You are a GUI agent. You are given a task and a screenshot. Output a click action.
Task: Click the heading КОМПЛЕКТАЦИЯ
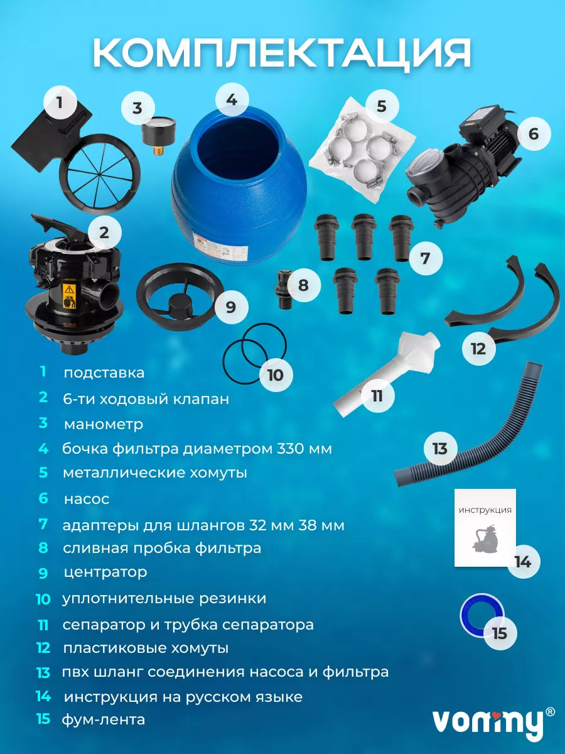coord(282,53)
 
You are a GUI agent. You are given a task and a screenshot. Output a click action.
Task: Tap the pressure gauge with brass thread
coord(159,135)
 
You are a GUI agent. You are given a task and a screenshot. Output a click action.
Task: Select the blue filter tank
coord(239,185)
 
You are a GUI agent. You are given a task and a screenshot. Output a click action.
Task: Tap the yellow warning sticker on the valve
coord(69,297)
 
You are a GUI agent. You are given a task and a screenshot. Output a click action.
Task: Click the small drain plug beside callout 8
coord(283,289)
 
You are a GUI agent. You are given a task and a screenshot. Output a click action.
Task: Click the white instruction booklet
coord(485,527)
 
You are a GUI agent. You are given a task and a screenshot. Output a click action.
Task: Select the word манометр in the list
coord(104,425)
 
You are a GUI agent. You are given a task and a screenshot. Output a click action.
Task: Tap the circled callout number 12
coord(478,349)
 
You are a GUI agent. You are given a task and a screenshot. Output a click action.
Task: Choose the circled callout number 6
coord(534,134)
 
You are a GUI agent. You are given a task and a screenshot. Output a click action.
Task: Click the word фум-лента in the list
coord(104,719)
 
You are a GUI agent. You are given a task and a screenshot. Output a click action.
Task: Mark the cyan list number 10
coord(43,599)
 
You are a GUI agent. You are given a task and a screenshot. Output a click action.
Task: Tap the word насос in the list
coord(87,499)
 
